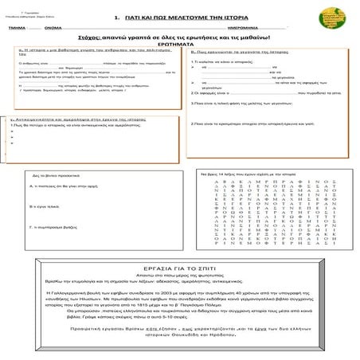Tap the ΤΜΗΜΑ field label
click(x=14, y=29)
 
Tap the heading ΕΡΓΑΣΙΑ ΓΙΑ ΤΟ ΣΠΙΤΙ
click(x=179, y=268)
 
